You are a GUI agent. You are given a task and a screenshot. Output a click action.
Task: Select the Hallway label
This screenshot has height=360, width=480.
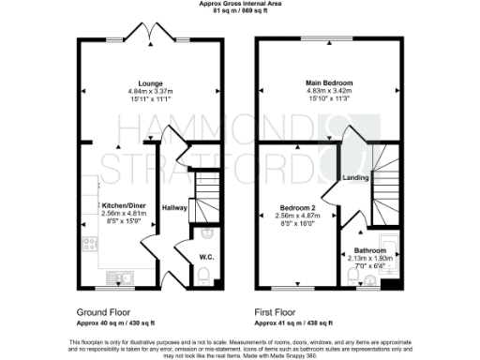[x=175, y=207]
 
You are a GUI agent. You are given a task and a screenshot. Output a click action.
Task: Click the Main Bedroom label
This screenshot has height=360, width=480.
[x=322, y=83]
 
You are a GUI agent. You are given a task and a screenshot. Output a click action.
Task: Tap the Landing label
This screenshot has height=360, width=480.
[x=355, y=177]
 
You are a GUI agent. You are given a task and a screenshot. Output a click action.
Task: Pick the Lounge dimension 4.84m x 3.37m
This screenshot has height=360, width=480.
[x=144, y=90]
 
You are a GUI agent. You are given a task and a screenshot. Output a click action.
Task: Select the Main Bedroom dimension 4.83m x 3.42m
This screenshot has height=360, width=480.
[x=322, y=91]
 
